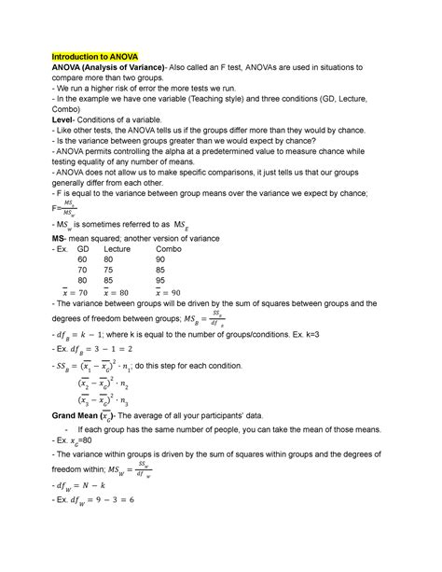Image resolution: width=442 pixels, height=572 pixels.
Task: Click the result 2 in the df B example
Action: tap(149, 377)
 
